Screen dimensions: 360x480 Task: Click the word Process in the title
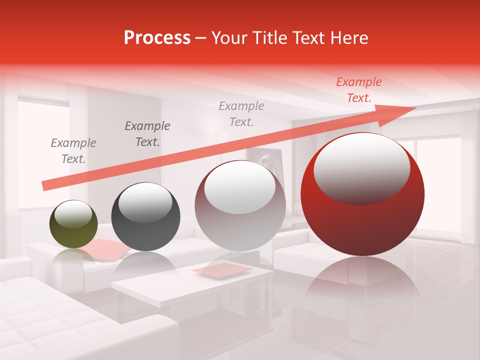pyautogui.click(x=157, y=38)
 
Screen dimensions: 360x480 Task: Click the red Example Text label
pyautogui.click(x=359, y=90)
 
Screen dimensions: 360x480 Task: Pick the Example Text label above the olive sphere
pyautogui.click(x=73, y=151)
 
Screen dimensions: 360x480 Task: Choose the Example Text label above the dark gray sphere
pyautogui.click(x=147, y=134)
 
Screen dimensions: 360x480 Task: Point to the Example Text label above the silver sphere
pyautogui.click(x=241, y=114)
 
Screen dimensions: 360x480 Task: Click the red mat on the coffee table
pyautogui.click(x=222, y=270)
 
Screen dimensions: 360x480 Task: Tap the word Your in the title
pyautogui.click(x=231, y=38)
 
